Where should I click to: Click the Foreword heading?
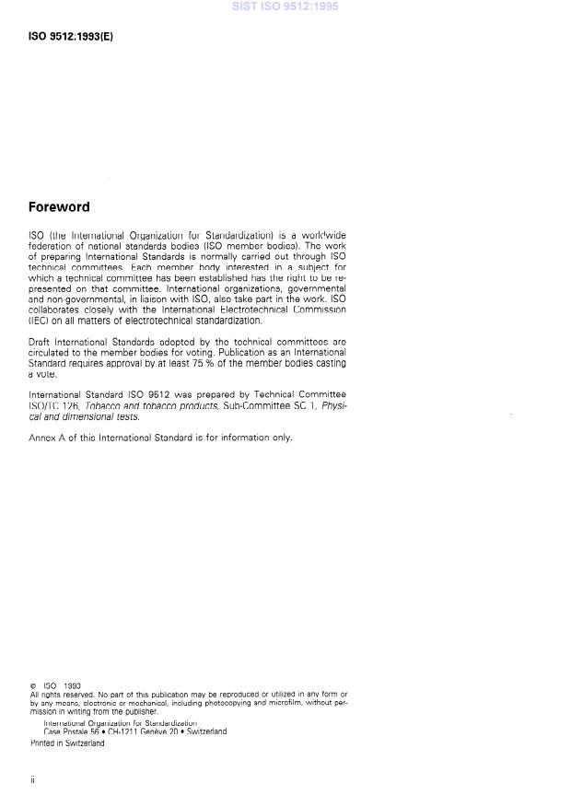point(59,207)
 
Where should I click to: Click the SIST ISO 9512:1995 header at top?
point(285,6)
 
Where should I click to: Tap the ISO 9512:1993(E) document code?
point(71,38)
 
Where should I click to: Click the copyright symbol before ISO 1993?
point(33,686)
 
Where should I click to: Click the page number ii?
point(32,780)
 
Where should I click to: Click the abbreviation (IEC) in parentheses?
point(41,321)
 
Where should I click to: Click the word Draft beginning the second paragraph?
point(41,342)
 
